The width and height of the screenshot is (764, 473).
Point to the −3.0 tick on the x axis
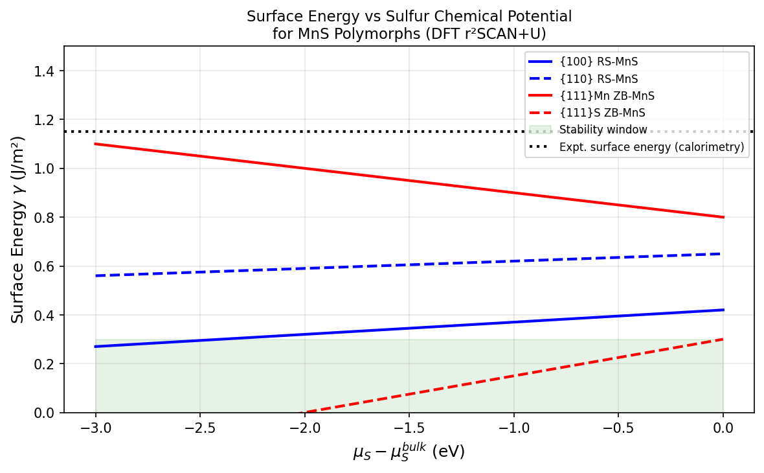95,428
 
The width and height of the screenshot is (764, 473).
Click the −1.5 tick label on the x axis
409,428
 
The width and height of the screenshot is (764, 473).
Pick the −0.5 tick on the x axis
618,428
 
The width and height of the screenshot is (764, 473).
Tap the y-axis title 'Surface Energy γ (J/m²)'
18,229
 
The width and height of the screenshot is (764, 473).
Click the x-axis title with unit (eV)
409,452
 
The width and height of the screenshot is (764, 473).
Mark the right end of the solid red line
723,217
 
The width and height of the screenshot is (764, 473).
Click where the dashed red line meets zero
304,412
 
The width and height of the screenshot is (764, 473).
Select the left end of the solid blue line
96,347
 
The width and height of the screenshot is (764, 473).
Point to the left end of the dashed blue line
96,276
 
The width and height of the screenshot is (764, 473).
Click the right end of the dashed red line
723,339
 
